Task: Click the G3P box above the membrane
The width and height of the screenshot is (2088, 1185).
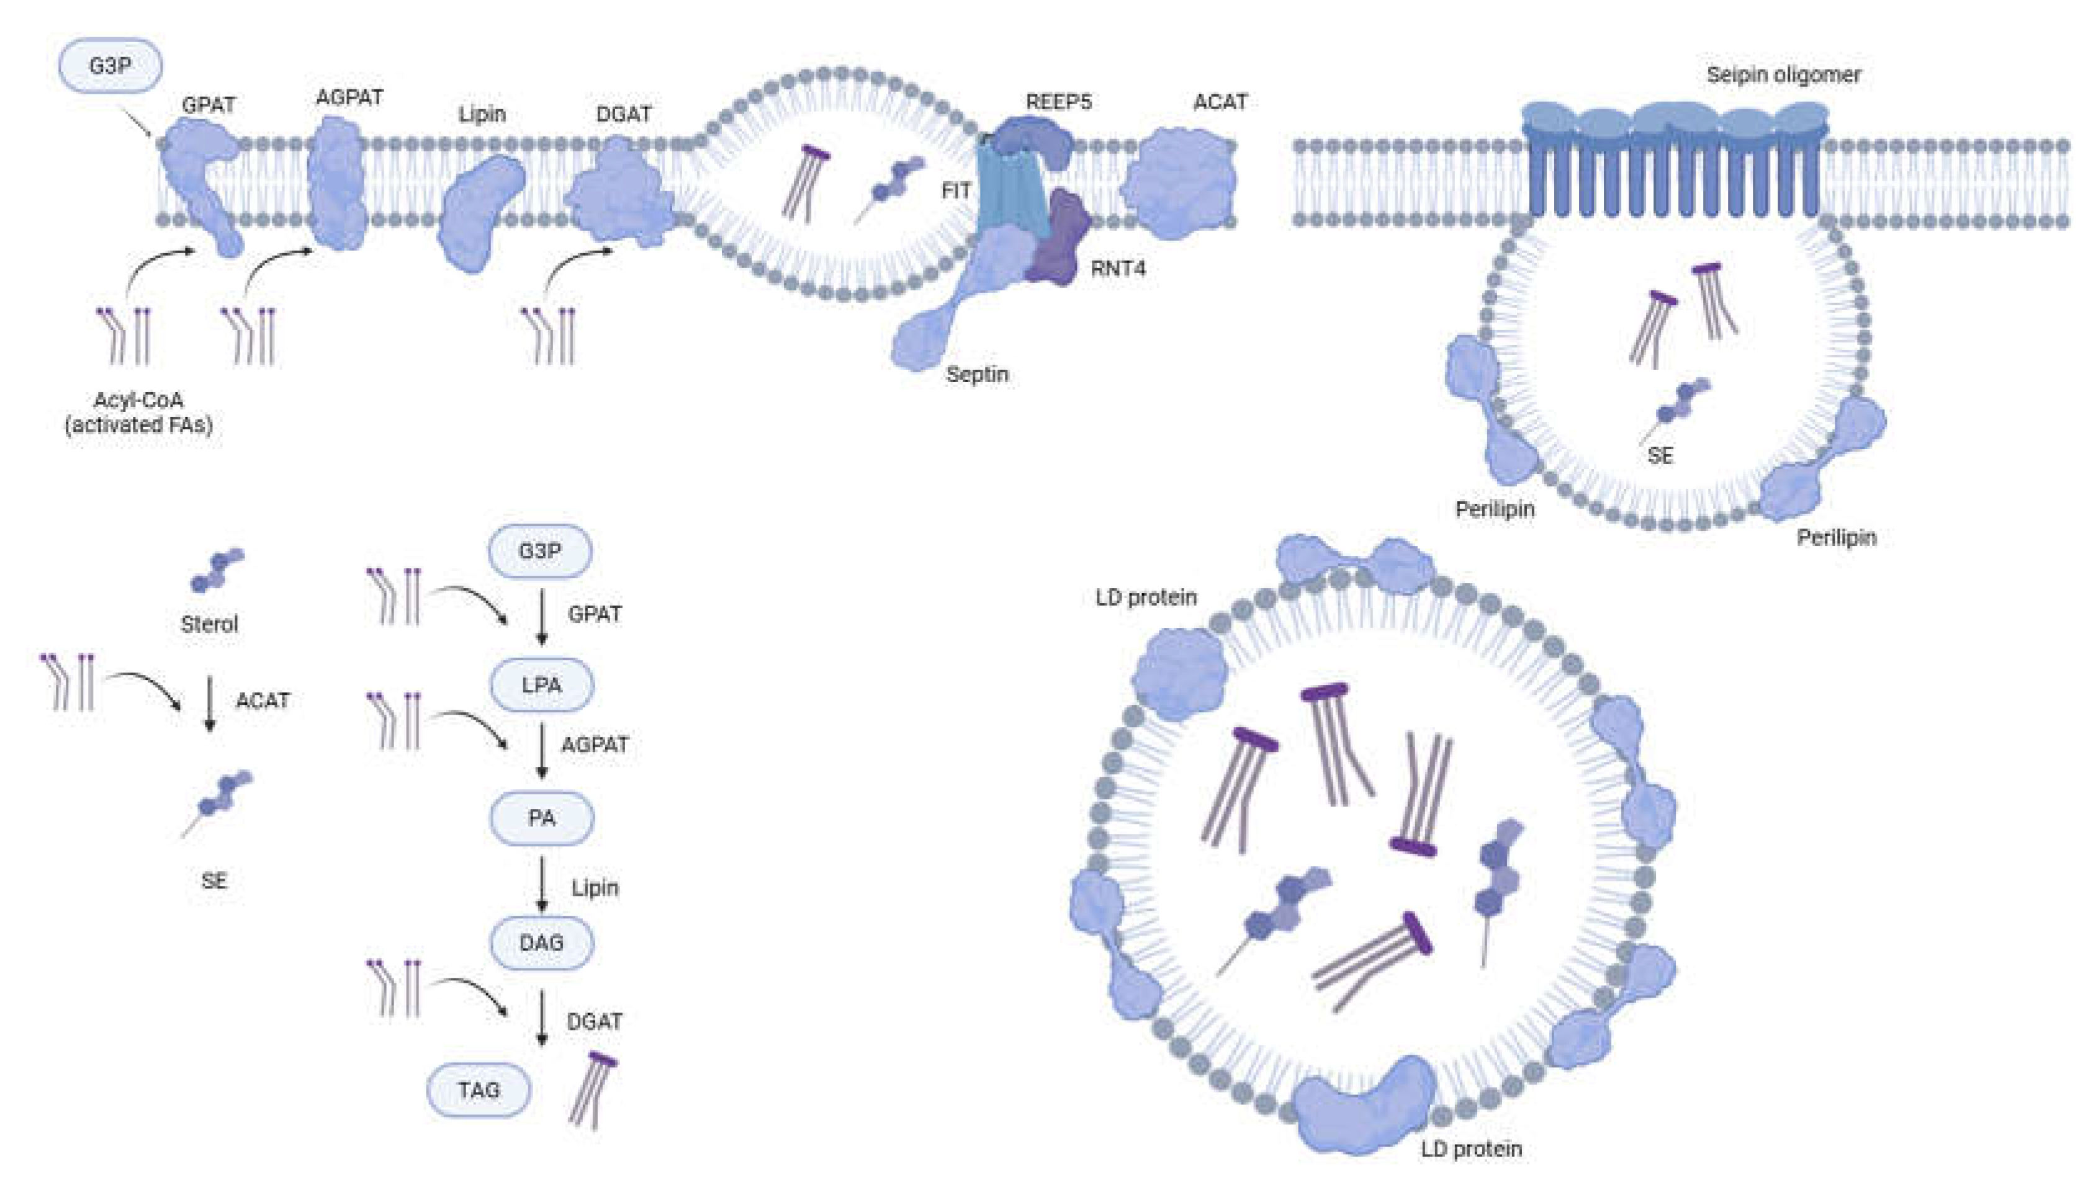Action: point(110,65)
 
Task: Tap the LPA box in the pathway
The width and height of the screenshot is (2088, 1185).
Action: point(541,684)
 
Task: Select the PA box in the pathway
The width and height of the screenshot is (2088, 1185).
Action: point(541,817)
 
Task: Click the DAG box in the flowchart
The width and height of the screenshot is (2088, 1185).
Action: point(541,942)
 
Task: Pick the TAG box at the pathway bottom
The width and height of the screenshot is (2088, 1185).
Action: point(478,1089)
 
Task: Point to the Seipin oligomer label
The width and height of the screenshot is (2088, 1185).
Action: point(1783,75)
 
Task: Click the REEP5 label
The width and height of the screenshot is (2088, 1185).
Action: point(1058,102)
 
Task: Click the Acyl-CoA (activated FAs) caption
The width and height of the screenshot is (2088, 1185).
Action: point(138,412)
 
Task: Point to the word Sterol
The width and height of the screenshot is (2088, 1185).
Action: point(209,624)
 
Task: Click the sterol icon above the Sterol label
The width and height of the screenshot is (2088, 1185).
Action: point(217,569)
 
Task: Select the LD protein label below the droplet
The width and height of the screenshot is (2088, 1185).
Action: point(1471,1149)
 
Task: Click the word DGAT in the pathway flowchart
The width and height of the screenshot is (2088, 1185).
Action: point(594,1021)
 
